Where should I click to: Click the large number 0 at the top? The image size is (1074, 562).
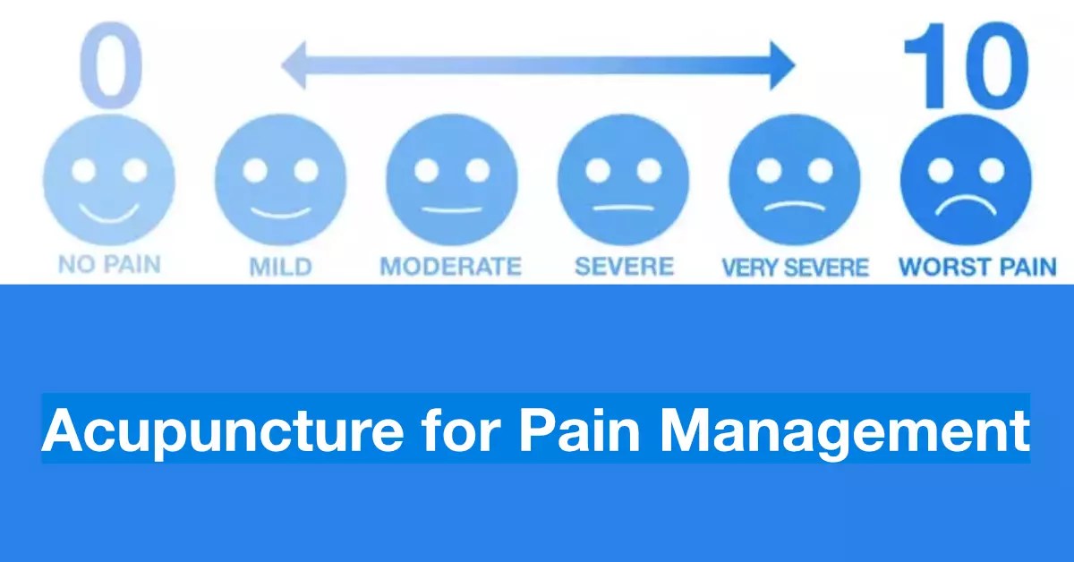coord(111,61)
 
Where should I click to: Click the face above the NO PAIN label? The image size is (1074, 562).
coord(110,180)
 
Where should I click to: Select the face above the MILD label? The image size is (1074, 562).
coord(281,180)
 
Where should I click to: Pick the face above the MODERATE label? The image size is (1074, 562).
coord(452,180)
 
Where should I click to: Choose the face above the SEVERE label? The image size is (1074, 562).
coord(623,180)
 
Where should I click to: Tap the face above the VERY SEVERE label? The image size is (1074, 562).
coord(795,180)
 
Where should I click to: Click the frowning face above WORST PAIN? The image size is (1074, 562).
coord(967,180)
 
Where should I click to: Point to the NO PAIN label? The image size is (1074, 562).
coord(110,266)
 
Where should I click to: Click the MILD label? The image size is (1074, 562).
coord(281,266)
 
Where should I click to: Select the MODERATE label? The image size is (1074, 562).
coord(450,266)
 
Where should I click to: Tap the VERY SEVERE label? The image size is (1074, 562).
coord(795,267)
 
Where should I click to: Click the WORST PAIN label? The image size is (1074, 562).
coord(977,266)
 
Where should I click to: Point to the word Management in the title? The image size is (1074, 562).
coord(846,430)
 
